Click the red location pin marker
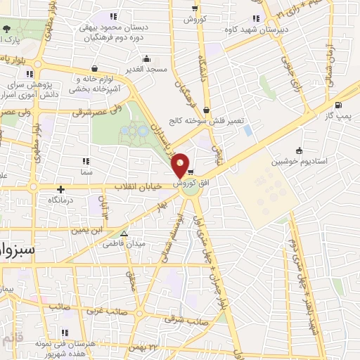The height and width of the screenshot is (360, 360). click(x=181, y=165)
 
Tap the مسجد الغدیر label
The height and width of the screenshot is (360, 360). click(x=146, y=69)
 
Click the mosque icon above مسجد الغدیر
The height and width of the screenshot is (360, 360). click(x=146, y=58)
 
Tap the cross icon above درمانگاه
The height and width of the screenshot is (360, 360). click(x=60, y=189)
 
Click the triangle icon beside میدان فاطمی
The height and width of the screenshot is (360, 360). click(x=124, y=234)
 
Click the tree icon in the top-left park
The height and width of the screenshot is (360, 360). click(x=7, y=29)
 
